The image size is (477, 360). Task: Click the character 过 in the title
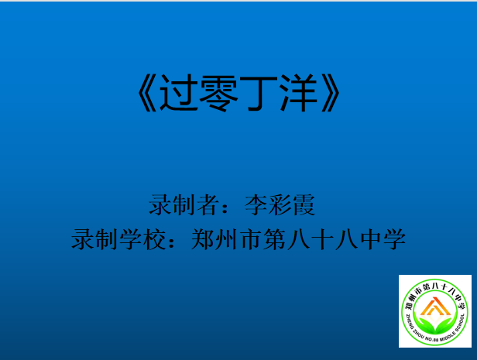point(179,92)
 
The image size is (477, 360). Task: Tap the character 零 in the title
point(218,92)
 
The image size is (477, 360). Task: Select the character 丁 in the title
point(259,92)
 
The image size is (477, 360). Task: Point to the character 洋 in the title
point(298,92)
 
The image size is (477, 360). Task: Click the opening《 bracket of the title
point(148,92)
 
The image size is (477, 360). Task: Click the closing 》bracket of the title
point(330,92)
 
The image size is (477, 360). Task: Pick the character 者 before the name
point(208,205)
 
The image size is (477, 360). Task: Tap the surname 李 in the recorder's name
point(256,205)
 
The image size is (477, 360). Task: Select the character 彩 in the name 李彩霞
point(280,205)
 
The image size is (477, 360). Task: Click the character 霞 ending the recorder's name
point(304,205)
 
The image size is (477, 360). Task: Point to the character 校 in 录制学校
point(155,239)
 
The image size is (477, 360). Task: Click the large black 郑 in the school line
point(203,239)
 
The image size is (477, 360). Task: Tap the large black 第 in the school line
point(275,239)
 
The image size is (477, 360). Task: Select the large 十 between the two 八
point(322,239)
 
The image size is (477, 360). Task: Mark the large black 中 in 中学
point(370,239)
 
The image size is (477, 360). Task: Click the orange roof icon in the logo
point(435,307)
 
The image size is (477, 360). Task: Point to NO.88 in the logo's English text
point(432,339)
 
